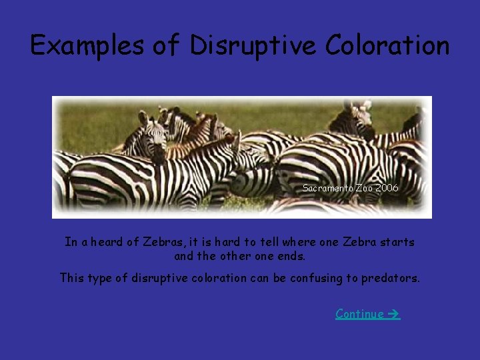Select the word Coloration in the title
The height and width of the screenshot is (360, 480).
click(388, 45)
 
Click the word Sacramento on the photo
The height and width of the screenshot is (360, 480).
click(327, 188)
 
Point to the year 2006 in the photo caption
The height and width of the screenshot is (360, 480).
click(387, 188)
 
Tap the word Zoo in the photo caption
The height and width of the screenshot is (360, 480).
click(362, 188)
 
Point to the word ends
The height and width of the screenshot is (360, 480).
click(292, 256)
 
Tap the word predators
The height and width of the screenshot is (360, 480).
click(391, 278)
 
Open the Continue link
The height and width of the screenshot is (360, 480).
click(360, 313)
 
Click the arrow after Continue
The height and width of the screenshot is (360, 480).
click(393, 313)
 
